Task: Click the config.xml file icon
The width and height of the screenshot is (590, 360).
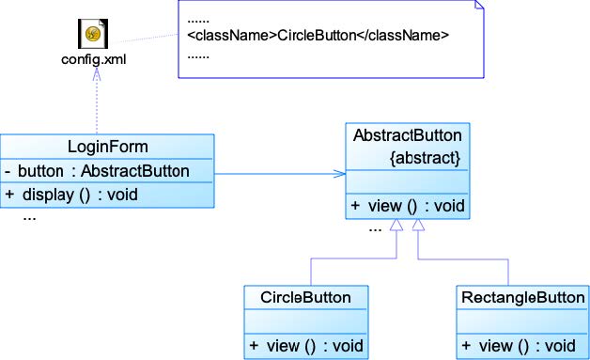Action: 93,34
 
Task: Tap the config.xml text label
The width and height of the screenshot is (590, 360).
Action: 94,59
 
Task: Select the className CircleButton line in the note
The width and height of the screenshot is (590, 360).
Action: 318,35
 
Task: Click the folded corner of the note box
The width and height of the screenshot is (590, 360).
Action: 479,5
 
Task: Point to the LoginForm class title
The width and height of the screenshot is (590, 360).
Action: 108,147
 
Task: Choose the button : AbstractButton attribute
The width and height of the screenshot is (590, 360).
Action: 97,171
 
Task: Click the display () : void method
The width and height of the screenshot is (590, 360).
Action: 71,196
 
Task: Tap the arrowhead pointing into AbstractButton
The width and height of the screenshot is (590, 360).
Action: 339,174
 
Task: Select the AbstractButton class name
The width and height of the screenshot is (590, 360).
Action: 408,135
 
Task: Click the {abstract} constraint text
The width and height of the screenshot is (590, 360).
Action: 425,158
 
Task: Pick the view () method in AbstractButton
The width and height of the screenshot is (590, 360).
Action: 408,206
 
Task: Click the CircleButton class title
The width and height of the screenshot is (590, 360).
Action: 306,297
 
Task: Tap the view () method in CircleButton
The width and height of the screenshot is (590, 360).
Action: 306,346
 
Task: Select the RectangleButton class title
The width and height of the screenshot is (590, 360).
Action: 523,297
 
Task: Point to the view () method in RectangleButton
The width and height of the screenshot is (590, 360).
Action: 519,346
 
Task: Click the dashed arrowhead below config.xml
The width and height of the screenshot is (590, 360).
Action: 97,74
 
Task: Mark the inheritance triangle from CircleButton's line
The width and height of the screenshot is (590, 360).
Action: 396,225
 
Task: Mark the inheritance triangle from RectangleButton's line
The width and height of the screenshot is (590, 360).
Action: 418,225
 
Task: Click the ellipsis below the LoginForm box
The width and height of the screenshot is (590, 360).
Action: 29,218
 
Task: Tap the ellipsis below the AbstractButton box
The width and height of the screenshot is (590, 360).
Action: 375,229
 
